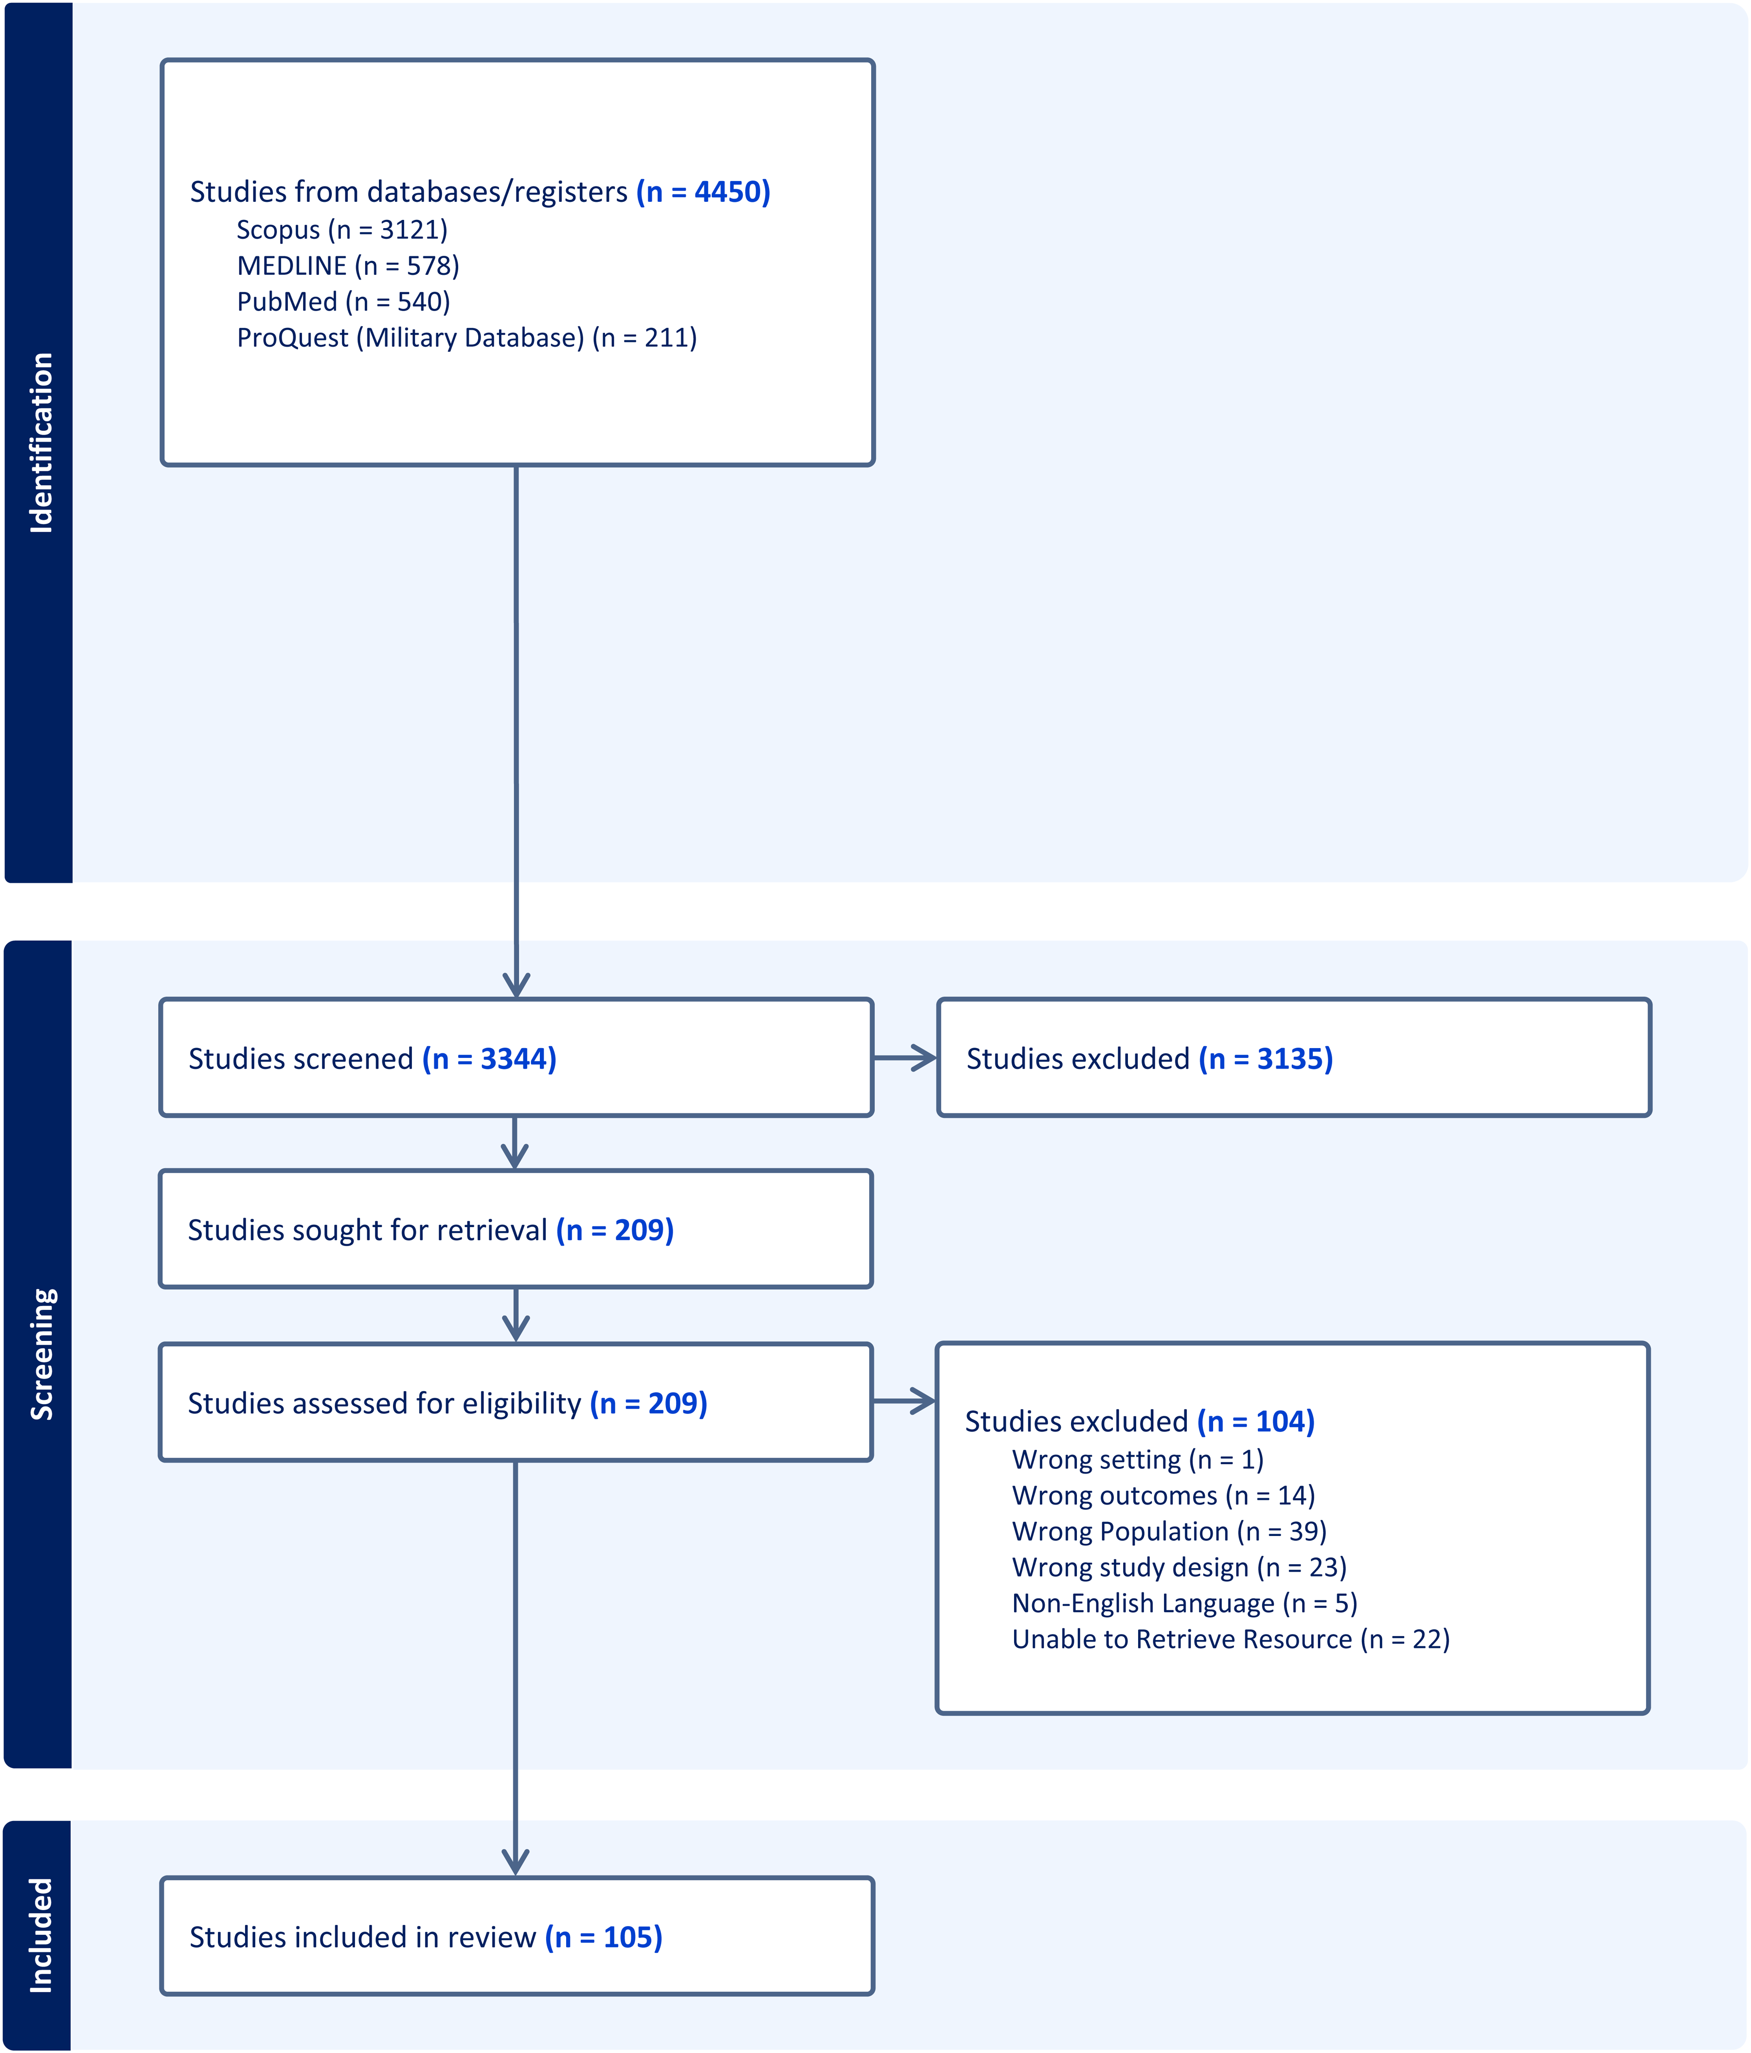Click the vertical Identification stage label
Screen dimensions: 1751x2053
pos(41,443)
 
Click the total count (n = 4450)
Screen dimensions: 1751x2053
pos(702,191)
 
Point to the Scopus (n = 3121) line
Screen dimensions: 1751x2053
pos(342,230)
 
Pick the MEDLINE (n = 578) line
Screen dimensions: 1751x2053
pos(348,266)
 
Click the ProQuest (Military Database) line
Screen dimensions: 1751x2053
pos(467,338)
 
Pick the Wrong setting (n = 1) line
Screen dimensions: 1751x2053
pos(1138,1460)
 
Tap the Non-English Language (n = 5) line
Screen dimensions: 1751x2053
pos(1184,1603)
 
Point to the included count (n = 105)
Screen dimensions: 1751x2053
pos(604,1937)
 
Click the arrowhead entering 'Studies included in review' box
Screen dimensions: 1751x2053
pos(515,1863)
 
